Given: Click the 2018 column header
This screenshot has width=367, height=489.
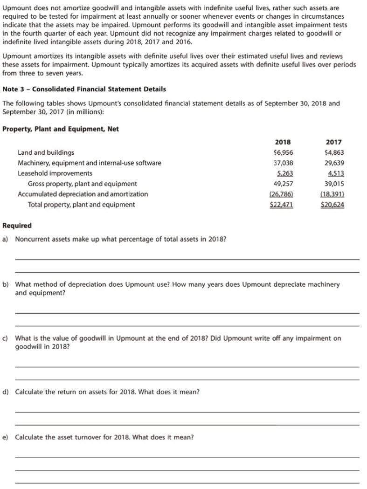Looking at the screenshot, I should [x=283, y=142].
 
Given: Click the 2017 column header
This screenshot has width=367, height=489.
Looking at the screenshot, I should [x=333, y=142].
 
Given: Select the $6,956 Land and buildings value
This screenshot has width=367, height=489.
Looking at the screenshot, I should [x=283, y=152].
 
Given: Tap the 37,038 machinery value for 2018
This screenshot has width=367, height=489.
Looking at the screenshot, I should [x=283, y=163].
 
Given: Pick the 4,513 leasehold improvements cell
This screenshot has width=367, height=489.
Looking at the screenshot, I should [x=335, y=173].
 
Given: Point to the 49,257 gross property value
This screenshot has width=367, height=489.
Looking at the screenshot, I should [x=283, y=184].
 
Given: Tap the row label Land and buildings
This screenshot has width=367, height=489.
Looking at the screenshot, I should [x=46, y=152].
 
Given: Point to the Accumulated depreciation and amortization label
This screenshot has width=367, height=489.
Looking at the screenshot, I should [x=83, y=194].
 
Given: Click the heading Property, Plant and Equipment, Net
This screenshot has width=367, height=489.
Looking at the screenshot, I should [x=61, y=129].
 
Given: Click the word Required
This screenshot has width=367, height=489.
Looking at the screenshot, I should [x=17, y=226].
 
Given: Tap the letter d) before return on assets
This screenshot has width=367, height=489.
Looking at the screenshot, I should [x=6, y=392].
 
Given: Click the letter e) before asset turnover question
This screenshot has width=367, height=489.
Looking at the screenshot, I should [x=6, y=437].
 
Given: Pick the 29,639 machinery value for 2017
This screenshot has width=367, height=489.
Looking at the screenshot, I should [x=333, y=163].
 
